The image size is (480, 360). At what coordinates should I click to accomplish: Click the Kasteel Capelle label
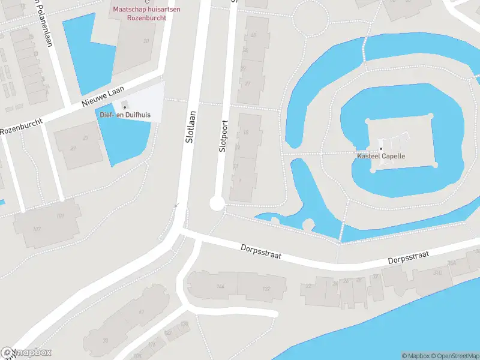(x=382, y=156)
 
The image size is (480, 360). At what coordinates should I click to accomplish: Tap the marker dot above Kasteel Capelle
(x=380, y=149)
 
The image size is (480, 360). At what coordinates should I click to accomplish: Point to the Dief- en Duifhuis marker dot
(x=125, y=107)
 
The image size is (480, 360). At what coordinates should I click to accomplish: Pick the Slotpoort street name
(x=224, y=136)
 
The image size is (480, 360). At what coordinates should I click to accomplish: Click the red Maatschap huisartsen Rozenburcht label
(x=139, y=14)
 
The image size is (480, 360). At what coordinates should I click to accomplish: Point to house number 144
(x=220, y=287)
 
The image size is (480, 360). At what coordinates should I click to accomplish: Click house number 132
(x=266, y=289)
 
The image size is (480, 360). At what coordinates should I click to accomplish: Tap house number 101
(x=60, y=216)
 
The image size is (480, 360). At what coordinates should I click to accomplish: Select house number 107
(x=37, y=229)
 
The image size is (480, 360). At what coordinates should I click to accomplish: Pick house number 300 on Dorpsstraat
(x=437, y=273)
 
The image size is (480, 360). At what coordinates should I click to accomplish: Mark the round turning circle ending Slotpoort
(x=217, y=204)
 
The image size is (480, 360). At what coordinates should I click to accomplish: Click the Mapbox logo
(x=26, y=353)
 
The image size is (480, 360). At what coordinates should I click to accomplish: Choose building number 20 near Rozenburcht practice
(x=146, y=41)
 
